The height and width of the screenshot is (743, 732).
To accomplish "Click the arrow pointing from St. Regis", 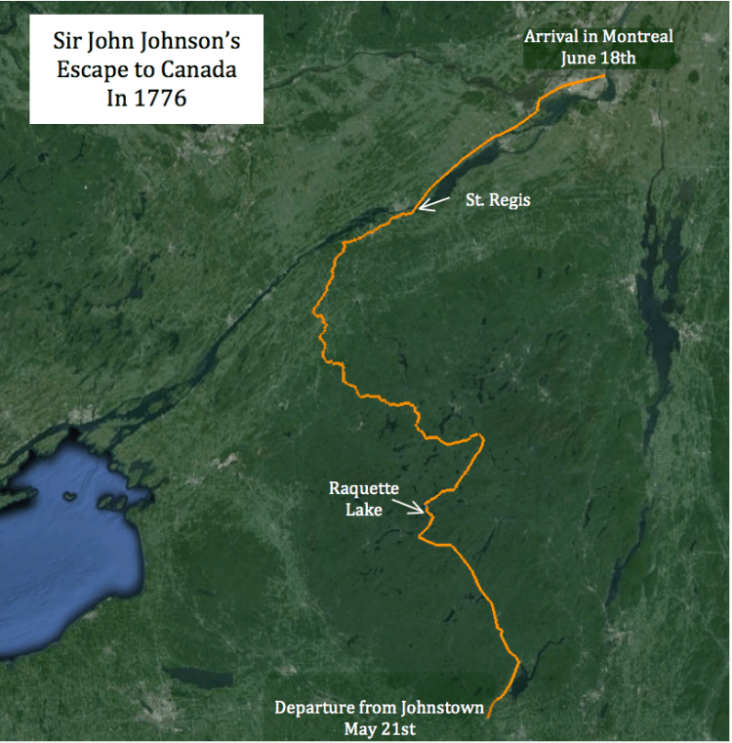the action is (x=434, y=203).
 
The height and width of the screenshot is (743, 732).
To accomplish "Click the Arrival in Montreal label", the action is (x=597, y=36).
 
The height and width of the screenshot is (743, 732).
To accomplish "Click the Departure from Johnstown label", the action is (x=379, y=708).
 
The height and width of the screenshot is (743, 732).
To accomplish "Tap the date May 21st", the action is (x=379, y=727).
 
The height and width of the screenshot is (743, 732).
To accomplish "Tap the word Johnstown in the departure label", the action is (x=439, y=708).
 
